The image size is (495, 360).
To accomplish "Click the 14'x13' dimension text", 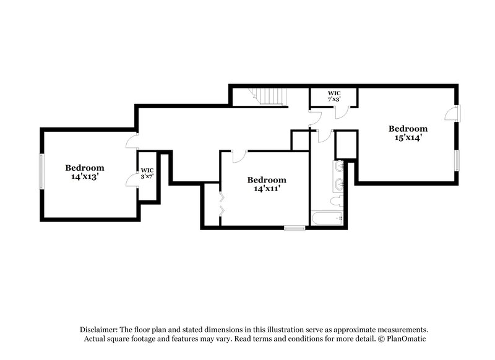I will [85, 176].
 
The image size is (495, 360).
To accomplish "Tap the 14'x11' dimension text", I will [267, 189].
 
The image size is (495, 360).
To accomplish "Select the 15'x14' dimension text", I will [408, 138].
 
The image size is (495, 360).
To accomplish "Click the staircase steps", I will [270, 96].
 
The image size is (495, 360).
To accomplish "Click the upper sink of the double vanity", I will [339, 166].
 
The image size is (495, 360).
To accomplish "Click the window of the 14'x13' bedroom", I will [41, 173].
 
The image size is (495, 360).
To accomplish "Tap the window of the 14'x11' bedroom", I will [295, 228].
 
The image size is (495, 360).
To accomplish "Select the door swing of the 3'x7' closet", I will [132, 179].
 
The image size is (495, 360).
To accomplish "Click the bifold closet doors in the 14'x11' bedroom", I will [222, 205].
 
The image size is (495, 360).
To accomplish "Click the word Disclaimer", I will [100, 330].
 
